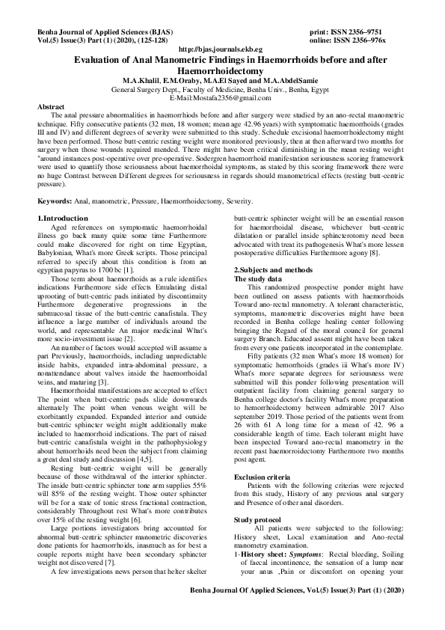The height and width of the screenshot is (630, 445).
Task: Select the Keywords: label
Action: (61, 200)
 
